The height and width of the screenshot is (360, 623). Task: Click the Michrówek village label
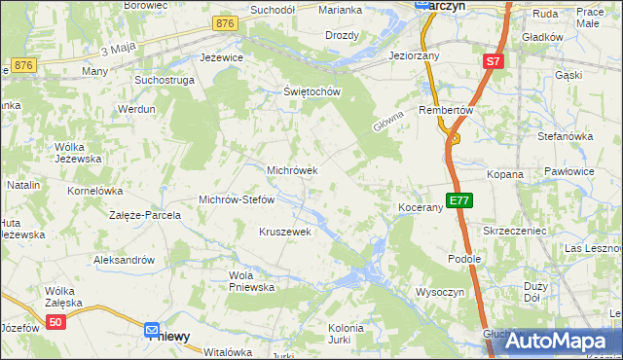pyautogui.click(x=292, y=170)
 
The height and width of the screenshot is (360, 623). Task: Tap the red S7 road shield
pyautogui.click(x=494, y=61)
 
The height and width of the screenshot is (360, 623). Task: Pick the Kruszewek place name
pyautogui.click(x=284, y=232)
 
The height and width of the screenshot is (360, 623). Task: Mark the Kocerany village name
pyautogui.click(x=421, y=208)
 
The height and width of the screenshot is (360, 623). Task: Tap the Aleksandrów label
pyautogui.click(x=124, y=260)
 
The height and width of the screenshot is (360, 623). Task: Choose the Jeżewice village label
pyautogui.click(x=221, y=57)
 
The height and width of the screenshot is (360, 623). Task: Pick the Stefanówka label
pyautogui.click(x=565, y=136)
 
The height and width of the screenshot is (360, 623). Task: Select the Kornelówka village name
pyautogui.click(x=94, y=191)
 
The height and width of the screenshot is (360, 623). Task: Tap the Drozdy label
pyautogui.click(x=342, y=35)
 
